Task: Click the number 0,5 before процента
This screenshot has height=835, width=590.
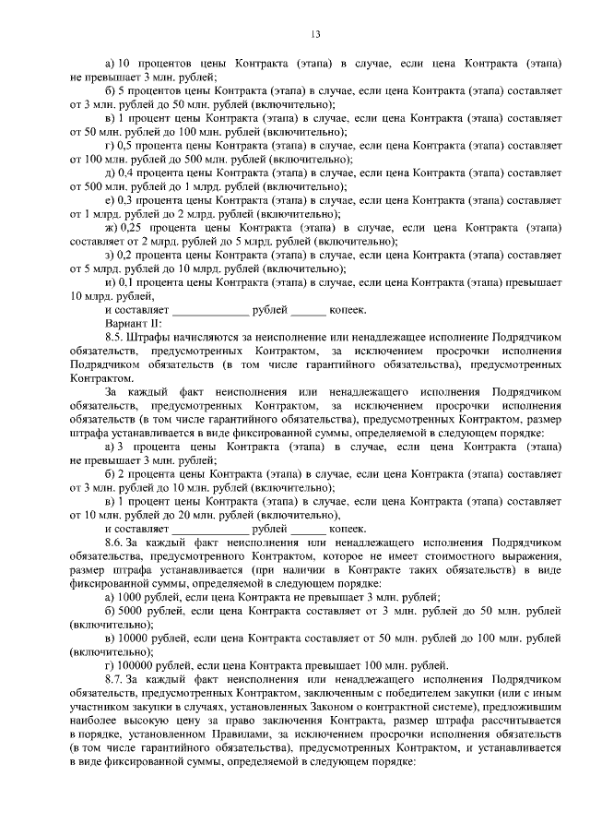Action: coord(124,146)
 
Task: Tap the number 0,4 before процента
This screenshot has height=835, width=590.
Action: coord(125,173)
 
